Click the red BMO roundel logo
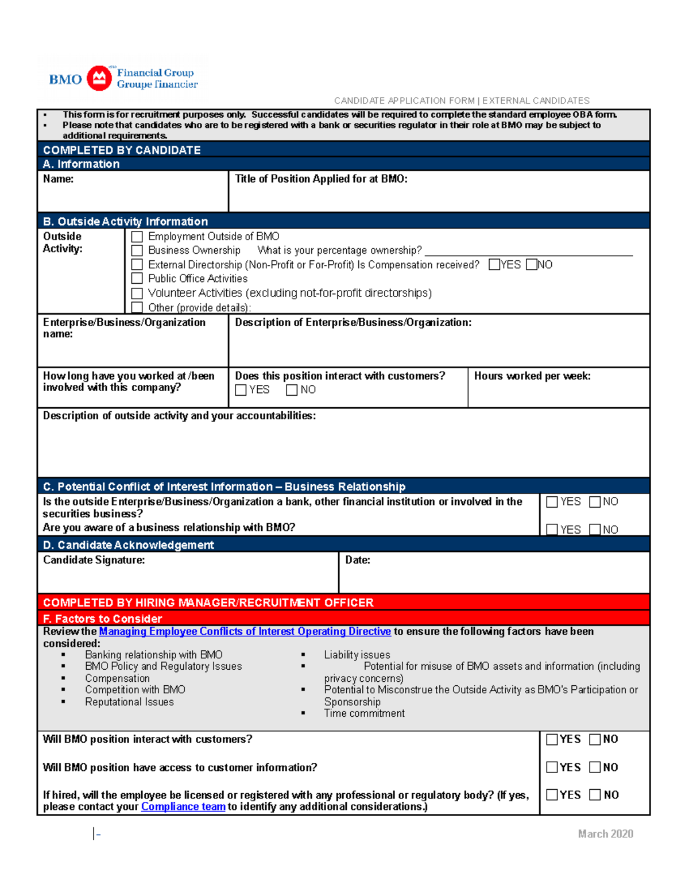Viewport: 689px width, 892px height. point(99,78)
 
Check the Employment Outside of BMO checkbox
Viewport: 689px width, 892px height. point(137,237)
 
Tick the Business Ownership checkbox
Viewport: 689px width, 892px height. point(137,250)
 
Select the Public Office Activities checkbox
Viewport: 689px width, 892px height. point(137,279)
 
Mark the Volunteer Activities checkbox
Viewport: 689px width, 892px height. point(137,293)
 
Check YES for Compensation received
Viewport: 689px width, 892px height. point(494,265)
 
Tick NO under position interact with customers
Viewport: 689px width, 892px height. point(292,390)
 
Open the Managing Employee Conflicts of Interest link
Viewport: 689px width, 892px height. point(245,631)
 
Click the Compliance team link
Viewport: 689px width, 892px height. point(183,806)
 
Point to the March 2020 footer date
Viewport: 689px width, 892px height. point(605,833)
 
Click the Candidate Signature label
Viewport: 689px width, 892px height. point(94,560)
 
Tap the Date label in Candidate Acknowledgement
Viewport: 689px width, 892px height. point(357,560)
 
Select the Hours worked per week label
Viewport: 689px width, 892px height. point(532,376)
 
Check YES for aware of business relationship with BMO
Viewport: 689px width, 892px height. point(552,529)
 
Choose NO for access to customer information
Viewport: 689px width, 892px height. point(595,767)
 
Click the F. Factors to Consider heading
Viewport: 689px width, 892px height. point(102,619)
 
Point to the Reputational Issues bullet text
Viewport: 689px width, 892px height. point(129,702)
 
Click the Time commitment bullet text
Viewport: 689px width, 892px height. point(364,713)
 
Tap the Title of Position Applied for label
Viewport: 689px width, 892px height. point(321,179)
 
